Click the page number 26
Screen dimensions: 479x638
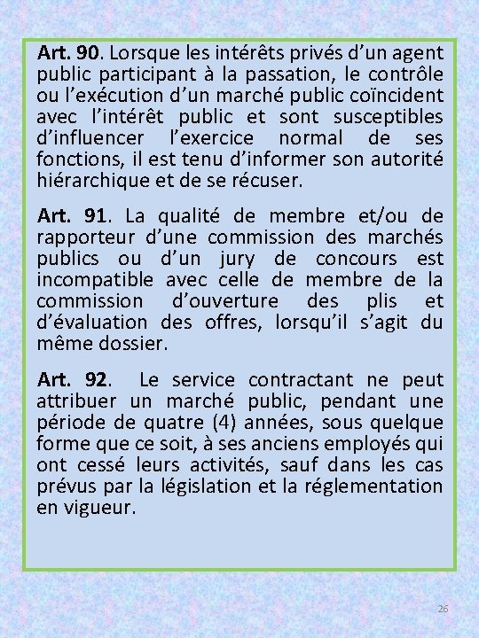pos(444,611)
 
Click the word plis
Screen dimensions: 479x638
pos(365,301)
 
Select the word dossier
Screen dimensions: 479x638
pos(136,344)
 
